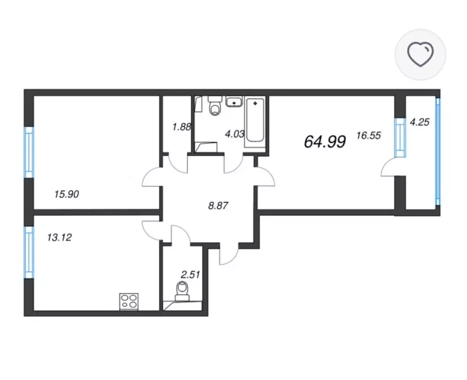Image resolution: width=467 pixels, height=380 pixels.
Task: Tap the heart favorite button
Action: click(x=420, y=54)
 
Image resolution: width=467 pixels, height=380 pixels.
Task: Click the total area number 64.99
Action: click(x=325, y=142)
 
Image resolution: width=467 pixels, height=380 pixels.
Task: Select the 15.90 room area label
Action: click(x=67, y=194)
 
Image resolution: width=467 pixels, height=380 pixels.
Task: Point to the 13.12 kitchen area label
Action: click(x=59, y=237)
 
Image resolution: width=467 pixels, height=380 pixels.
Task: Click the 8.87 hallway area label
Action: click(x=218, y=205)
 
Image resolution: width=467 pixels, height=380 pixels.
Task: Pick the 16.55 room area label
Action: click(x=369, y=136)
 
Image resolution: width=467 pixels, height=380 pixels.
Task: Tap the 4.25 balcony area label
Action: click(x=420, y=122)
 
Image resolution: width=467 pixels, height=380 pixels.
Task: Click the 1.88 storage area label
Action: click(x=182, y=127)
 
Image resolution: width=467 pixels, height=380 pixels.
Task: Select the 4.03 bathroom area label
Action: click(x=234, y=134)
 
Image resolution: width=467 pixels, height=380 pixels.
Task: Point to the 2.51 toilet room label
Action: click(x=190, y=274)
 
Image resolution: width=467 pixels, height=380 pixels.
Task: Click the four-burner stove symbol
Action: click(x=129, y=302)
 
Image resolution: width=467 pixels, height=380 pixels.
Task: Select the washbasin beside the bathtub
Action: click(x=234, y=101)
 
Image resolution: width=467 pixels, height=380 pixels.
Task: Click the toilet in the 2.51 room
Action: click(x=182, y=291)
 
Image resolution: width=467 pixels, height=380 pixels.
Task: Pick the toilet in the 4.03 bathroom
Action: click(x=215, y=106)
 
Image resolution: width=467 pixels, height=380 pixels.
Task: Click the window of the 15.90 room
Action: click(x=29, y=152)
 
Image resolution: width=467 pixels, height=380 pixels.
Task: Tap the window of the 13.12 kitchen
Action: click(x=29, y=252)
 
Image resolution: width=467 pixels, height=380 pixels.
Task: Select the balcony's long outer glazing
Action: click(x=438, y=152)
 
